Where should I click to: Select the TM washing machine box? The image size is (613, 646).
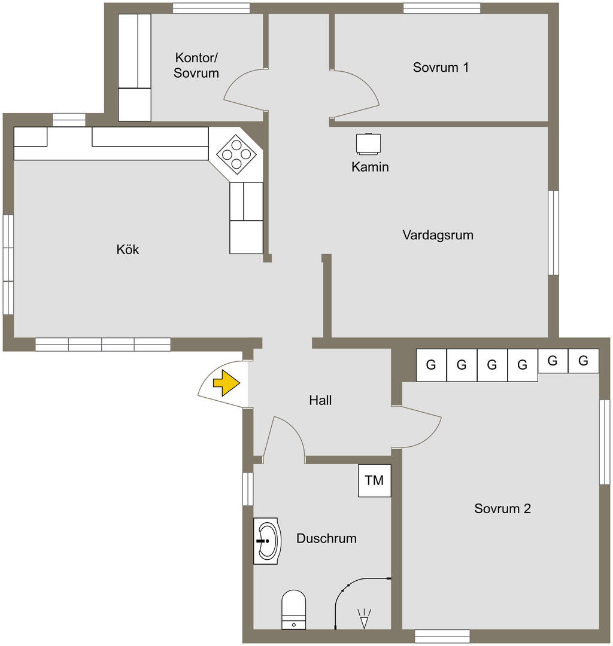point(375,480)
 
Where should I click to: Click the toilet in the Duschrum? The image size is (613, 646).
point(294,610)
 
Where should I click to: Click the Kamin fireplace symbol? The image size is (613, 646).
point(368,144)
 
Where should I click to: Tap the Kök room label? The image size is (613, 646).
point(128,249)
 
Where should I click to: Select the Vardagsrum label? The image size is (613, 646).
point(438,234)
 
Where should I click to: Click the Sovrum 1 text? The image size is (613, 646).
point(441,67)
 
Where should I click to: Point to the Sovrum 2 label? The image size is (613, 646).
point(503,509)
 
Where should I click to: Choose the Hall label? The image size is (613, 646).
point(320,401)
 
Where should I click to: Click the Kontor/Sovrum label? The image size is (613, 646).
point(196,66)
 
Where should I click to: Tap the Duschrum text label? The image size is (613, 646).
point(326,538)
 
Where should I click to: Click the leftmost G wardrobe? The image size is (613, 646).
point(431,365)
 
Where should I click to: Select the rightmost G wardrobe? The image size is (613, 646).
point(584,361)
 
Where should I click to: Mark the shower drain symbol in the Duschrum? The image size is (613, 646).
point(364,618)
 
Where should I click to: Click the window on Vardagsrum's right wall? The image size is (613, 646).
point(553,233)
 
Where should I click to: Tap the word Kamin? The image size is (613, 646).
point(370,167)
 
